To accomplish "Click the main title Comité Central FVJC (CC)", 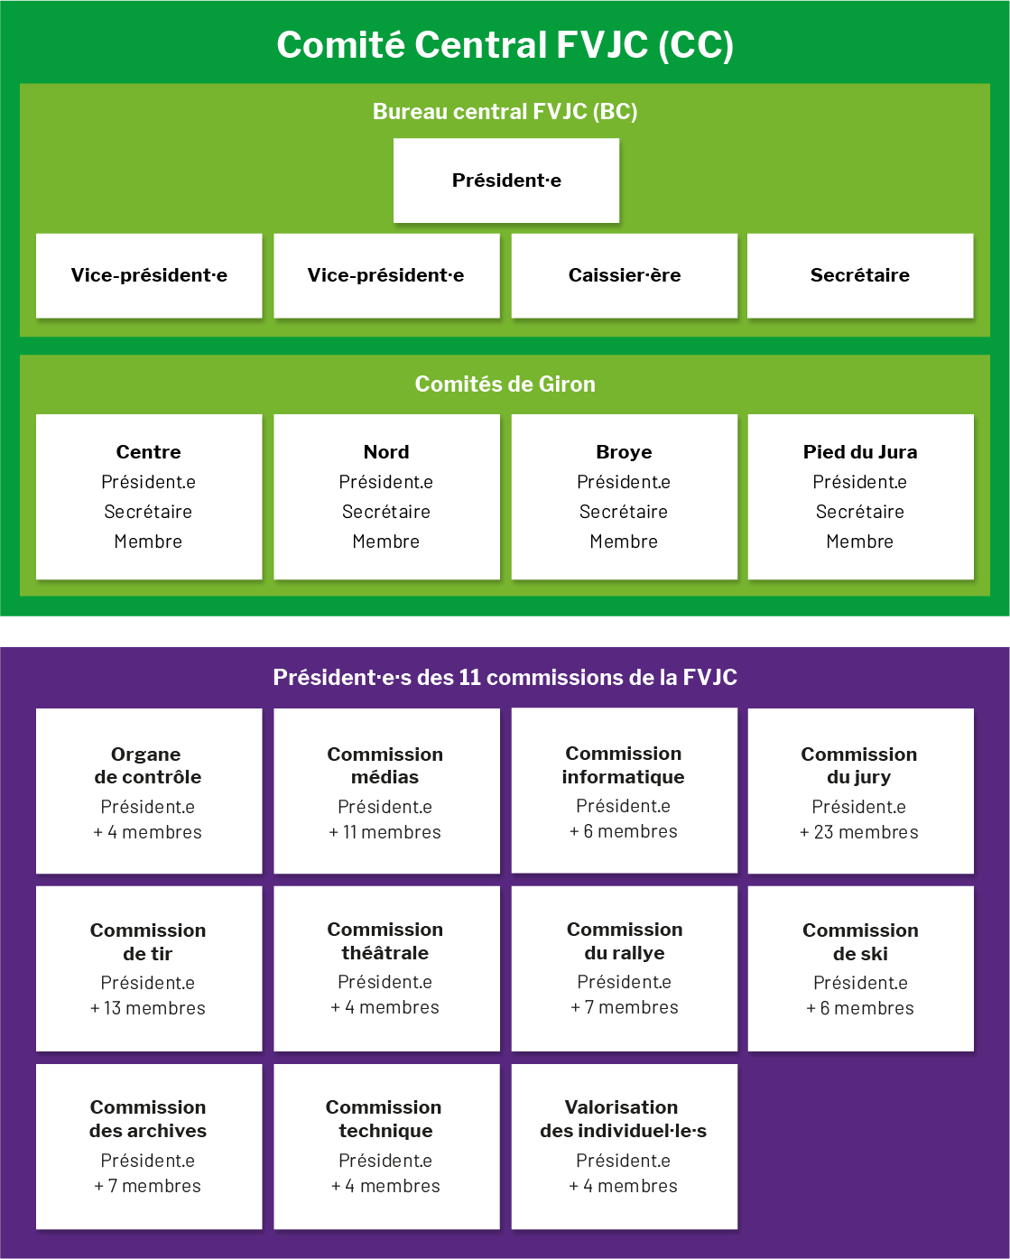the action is (x=505, y=45).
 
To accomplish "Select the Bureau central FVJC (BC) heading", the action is (x=505, y=111).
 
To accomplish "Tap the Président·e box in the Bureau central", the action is (x=506, y=181).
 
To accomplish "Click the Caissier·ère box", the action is (x=625, y=275).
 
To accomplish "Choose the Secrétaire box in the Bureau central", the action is (x=860, y=275).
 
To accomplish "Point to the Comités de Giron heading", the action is (x=505, y=384).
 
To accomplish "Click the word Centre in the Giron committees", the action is (x=149, y=451).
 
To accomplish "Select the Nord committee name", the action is (x=386, y=451).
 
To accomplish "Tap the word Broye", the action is (x=624, y=451).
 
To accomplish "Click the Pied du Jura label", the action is (x=860, y=451).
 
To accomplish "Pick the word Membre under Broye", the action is (x=624, y=542).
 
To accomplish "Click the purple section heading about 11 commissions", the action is (x=505, y=677).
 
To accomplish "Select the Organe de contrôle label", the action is (x=147, y=765).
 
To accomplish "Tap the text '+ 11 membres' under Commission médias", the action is (x=385, y=832).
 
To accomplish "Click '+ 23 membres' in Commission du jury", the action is (x=859, y=832).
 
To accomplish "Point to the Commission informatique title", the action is (x=623, y=764).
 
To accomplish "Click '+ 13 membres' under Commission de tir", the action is (x=147, y=1008).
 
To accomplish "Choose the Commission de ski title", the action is (x=860, y=942).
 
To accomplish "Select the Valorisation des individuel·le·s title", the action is (x=623, y=1118).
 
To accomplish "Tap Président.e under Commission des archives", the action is (x=147, y=1160).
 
